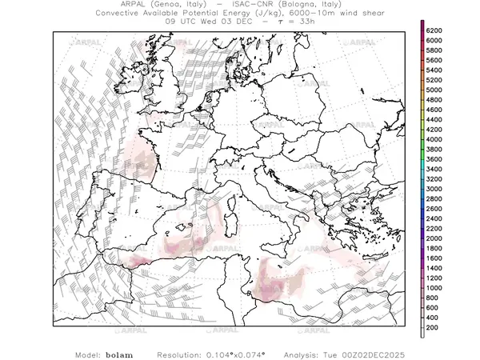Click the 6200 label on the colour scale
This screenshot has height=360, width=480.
[x=434, y=30]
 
